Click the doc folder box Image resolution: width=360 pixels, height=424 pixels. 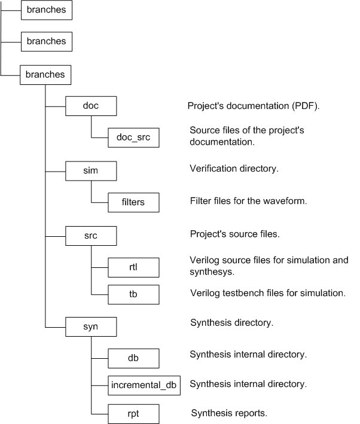pos(90,106)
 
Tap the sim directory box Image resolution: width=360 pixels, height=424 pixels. pos(90,171)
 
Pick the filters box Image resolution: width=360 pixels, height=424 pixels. pos(134,203)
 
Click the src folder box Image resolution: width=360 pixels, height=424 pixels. pos(90,235)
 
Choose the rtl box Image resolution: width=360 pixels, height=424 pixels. pos(134,267)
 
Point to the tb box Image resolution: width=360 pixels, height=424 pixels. pos(134,294)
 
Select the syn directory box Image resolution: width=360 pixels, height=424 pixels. pos(90,327)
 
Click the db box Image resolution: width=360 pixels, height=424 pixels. pos(134,358)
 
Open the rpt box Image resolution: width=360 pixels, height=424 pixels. pos(134,413)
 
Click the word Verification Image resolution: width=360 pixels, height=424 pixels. pos(215,169)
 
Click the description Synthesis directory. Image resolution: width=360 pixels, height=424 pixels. pos(231,323)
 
